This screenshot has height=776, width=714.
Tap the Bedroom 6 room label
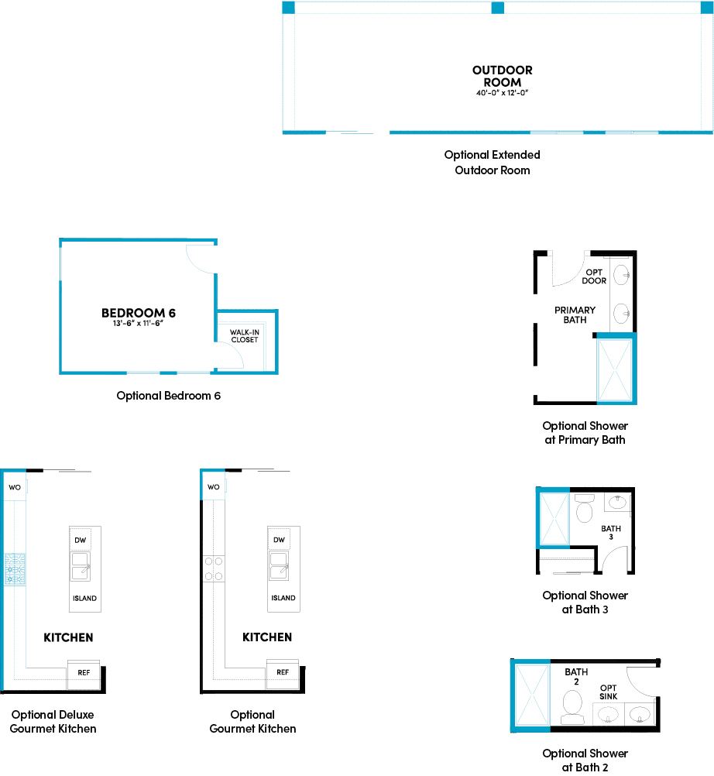pyautogui.click(x=139, y=313)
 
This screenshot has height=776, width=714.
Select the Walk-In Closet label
pyautogui.click(x=243, y=335)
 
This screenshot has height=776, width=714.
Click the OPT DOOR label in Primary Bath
pyautogui.click(x=594, y=276)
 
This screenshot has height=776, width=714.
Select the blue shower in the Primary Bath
pyautogui.click(x=616, y=369)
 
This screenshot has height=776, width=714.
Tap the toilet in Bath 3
pyautogui.click(x=585, y=508)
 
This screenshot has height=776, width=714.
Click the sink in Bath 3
pyautogui.click(x=616, y=503)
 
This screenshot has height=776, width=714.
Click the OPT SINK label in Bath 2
pyautogui.click(x=608, y=692)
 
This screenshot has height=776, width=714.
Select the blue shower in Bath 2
pyautogui.click(x=530, y=694)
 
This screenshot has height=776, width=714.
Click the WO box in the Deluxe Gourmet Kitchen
pyautogui.click(x=14, y=487)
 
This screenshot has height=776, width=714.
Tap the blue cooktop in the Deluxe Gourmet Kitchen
pyautogui.click(x=14, y=568)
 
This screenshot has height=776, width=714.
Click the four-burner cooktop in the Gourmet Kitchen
pyautogui.click(x=214, y=568)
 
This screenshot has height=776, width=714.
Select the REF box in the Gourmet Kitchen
pyautogui.click(x=283, y=671)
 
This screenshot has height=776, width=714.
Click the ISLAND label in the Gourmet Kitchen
pyautogui.click(x=283, y=598)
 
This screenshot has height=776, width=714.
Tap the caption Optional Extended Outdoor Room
pyautogui.click(x=492, y=162)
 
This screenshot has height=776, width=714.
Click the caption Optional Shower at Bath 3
pyautogui.click(x=585, y=602)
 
